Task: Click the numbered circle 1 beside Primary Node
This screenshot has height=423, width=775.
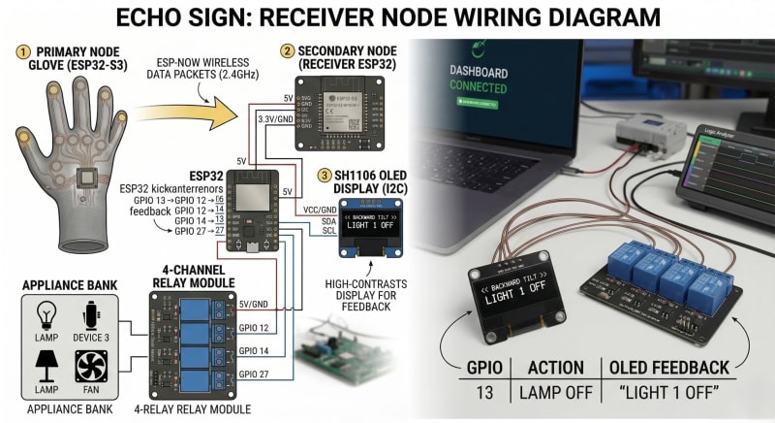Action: [23, 49]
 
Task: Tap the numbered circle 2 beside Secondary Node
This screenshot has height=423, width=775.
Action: [287, 49]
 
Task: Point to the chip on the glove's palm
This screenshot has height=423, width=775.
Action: [84, 177]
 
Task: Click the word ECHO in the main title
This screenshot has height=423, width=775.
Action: [154, 17]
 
